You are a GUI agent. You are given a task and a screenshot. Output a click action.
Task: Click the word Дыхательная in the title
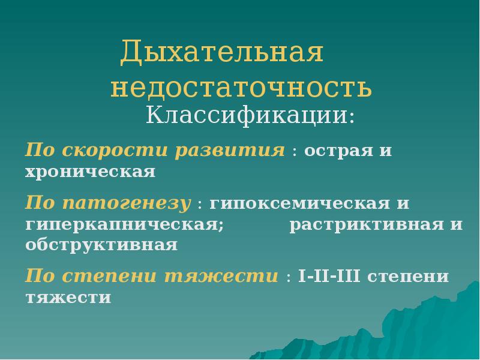pyautogui.click(x=222, y=53)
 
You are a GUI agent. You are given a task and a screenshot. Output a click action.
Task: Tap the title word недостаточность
pyautogui.click(x=241, y=88)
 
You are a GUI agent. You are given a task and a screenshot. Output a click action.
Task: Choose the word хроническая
pyautogui.click(x=90, y=172)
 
